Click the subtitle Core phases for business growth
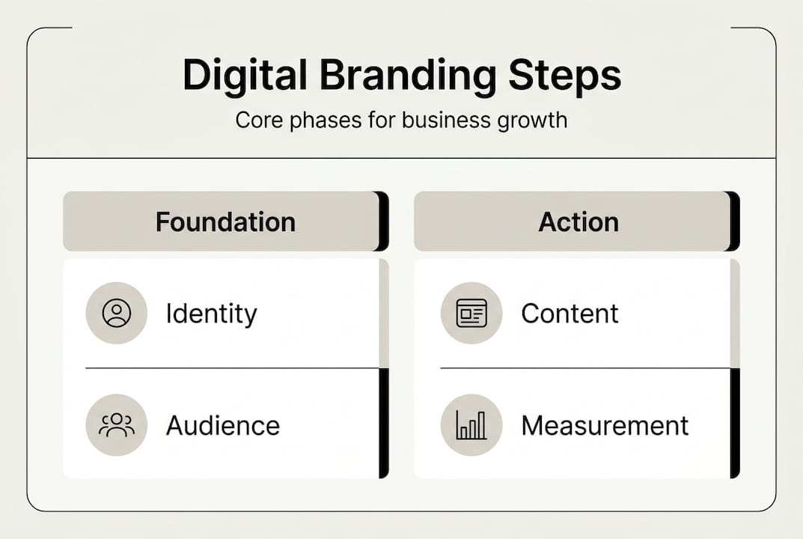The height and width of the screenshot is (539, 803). coord(401,120)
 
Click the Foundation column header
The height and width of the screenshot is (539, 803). coord(225,222)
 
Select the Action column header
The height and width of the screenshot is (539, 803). coord(578,222)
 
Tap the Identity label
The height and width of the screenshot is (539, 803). coord(211,314)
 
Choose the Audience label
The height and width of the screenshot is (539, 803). coord(222,426)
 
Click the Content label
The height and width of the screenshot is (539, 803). coord(570,314)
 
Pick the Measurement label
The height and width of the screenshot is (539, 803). coord(605,426)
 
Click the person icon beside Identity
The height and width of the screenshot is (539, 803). coord(116,314)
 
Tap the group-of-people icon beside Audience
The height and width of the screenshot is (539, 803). coord(116,425)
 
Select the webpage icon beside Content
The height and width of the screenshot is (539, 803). coord(471,314)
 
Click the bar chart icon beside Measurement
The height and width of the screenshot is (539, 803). coord(471,425)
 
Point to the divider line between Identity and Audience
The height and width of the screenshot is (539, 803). coord(232,368)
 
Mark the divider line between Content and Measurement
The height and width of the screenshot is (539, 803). coord(584,368)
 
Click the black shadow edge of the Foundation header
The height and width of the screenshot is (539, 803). coord(384,222)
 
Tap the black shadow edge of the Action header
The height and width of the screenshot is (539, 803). coord(735,222)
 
